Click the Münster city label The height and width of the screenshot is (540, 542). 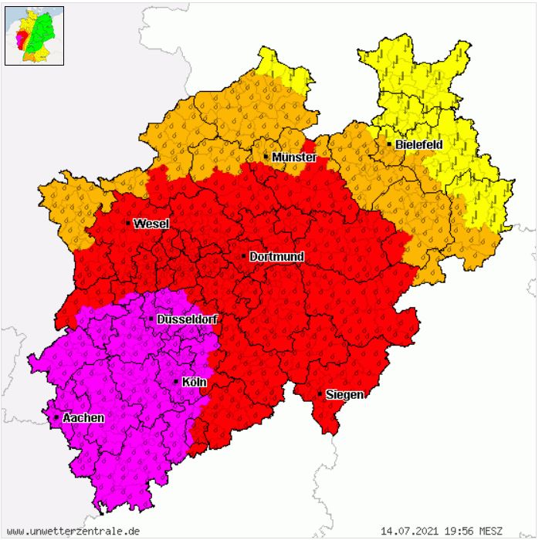[294, 157]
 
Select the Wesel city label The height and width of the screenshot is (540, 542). [151, 224]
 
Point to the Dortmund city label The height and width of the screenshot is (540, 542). [277, 256]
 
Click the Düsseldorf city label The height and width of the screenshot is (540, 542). [186, 319]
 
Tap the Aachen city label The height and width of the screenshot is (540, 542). [83, 417]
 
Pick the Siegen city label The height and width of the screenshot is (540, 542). [344, 394]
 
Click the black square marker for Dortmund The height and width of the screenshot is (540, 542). [244, 256]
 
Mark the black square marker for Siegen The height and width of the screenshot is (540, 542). [320, 394]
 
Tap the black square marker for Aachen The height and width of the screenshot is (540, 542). [56, 417]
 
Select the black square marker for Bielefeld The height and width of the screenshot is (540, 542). [388, 144]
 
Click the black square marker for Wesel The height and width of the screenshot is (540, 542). [128, 224]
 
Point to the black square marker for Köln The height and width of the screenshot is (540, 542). [176, 382]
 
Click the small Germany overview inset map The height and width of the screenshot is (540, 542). [35, 35]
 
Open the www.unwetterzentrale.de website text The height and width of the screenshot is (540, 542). [74, 531]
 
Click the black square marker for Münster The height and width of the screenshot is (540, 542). [266, 157]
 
